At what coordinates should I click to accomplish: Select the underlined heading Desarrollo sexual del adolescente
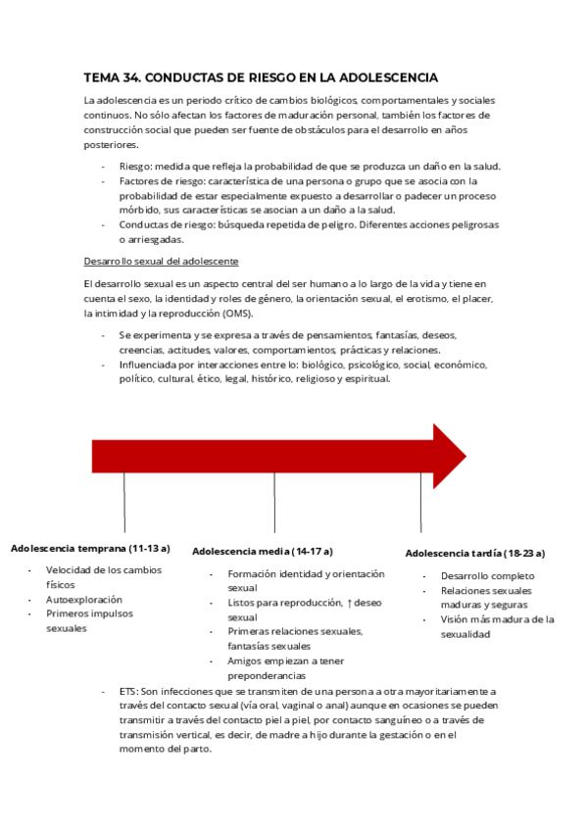161,262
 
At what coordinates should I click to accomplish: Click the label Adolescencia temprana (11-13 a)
90,548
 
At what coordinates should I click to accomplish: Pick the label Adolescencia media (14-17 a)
263,551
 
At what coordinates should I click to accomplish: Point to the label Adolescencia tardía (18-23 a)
475,553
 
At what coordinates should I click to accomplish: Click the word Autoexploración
84,599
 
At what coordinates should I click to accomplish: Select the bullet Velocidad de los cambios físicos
104,576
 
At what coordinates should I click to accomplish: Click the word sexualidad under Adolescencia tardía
465,634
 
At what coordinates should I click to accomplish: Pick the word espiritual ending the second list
368,379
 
